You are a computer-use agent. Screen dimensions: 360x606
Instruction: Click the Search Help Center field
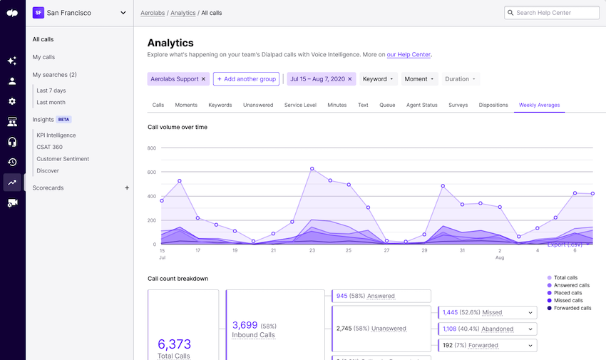pyautogui.click(x=556, y=13)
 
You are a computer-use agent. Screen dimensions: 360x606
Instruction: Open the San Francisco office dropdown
pyautogui.click(x=79, y=13)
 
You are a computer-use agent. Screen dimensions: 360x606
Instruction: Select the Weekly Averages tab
pyautogui.click(x=539, y=105)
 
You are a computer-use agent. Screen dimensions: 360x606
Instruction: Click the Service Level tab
pyautogui.click(x=300, y=105)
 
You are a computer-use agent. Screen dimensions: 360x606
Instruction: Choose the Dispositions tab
pyautogui.click(x=493, y=105)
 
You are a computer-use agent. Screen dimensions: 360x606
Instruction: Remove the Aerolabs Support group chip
pyautogui.click(x=203, y=79)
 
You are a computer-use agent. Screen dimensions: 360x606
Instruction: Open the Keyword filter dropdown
pyautogui.click(x=378, y=79)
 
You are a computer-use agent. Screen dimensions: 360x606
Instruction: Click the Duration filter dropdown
pyautogui.click(x=461, y=79)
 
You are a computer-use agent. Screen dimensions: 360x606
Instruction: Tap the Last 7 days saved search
pyautogui.click(x=51, y=91)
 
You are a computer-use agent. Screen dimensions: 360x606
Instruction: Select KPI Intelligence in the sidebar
pyautogui.click(x=56, y=135)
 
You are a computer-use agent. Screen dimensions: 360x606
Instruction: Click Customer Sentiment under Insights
pyautogui.click(x=63, y=159)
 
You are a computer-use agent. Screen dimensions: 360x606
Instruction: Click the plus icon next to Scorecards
pyautogui.click(x=127, y=188)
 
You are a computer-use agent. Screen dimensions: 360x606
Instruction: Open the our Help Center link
pyautogui.click(x=409, y=54)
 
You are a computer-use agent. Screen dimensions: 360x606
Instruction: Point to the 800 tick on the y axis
pyautogui.click(x=152, y=148)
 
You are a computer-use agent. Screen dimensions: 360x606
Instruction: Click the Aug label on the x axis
pyautogui.click(x=500, y=258)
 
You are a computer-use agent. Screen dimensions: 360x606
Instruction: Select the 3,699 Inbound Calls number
pyautogui.click(x=245, y=325)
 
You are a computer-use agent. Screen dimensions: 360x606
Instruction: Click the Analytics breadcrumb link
pyautogui.click(x=183, y=13)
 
